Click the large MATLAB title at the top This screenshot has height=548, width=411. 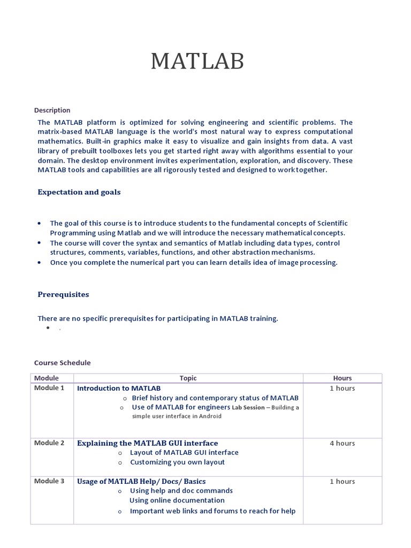[x=197, y=62]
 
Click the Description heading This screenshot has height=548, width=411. [x=52, y=110]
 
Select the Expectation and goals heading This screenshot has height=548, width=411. [x=79, y=192]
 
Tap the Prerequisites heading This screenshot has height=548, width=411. [x=63, y=294]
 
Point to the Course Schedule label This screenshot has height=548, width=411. [x=63, y=362]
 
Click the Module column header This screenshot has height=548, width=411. [x=47, y=378]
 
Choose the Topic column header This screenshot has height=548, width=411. [x=188, y=378]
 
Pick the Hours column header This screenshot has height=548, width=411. [x=342, y=378]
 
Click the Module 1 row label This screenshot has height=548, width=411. [x=49, y=388]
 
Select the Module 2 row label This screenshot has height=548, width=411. [x=49, y=443]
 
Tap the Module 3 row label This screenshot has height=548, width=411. [x=49, y=481]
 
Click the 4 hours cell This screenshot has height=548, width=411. [x=342, y=443]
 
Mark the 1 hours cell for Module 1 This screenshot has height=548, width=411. [x=342, y=389]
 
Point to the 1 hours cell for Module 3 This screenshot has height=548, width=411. [x=342, y=482]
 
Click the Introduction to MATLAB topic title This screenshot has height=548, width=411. [x=119, y=389]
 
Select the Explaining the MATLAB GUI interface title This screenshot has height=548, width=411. [x=148, y=443]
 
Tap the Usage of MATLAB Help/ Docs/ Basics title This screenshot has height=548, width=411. [x=141, y=482]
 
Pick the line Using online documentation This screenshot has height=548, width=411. [x=177, y=500]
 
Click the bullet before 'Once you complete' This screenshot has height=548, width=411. [x=40, y=263]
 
